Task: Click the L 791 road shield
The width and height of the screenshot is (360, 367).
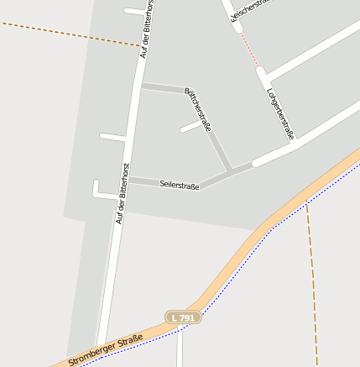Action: (181, 317)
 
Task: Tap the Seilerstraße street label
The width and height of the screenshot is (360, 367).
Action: (179, 186)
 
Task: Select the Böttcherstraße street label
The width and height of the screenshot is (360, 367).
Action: (198, 110)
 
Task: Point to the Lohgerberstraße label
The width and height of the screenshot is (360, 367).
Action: (280, 113)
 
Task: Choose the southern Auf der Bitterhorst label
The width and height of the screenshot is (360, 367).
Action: (123, 193)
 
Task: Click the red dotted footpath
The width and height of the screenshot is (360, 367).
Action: (248, 49)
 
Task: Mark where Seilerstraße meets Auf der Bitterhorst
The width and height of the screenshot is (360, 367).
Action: (128, 180)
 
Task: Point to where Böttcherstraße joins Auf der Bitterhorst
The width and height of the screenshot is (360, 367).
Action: (139, 86)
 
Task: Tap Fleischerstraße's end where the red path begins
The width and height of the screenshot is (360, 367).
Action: (237, 30)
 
